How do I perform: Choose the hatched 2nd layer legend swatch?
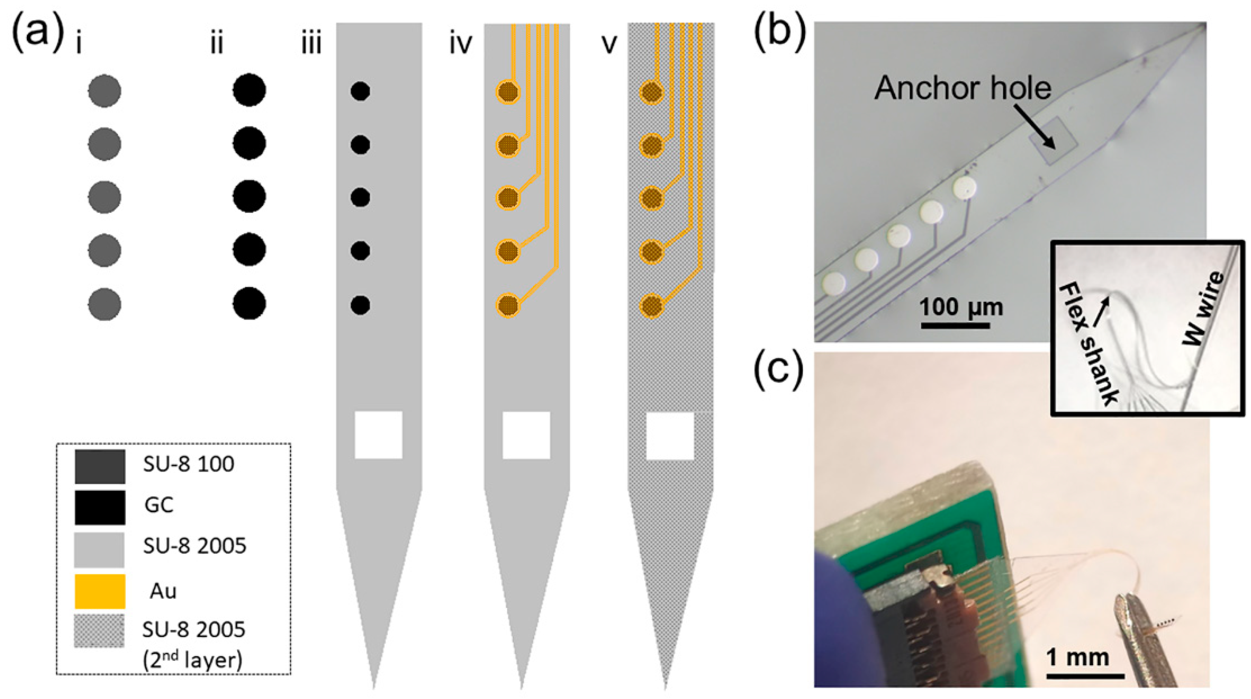pos(99,631)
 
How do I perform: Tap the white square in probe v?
pos(670,436)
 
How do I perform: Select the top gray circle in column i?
pos(104,91)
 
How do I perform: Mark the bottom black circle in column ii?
pos(249,304)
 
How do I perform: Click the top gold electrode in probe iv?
pos(508,91)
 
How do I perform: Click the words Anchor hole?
pos(963,88)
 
